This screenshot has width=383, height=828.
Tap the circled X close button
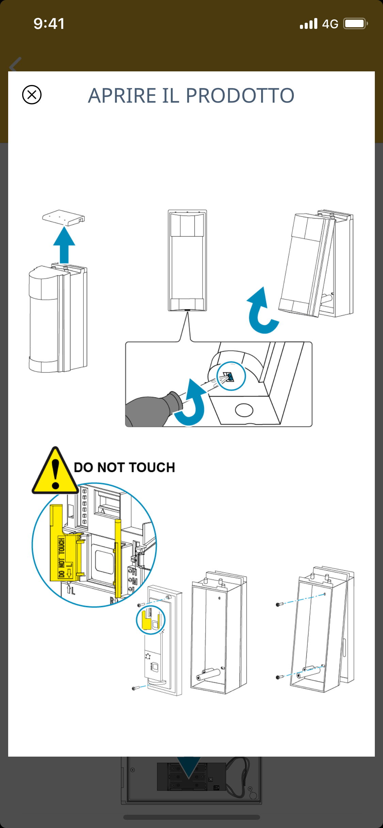[32, 94]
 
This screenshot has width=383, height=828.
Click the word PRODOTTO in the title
[240, 96]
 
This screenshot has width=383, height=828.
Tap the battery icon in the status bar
[355, 24]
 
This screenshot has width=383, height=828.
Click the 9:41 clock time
[49, 24]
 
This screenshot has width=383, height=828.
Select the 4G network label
[330, 24]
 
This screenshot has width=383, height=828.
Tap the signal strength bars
[308, 24]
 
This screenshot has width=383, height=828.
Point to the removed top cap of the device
[64, 218]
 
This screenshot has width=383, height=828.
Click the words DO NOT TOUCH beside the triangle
[125, 467]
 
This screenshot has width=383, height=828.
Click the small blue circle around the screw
[231, 376]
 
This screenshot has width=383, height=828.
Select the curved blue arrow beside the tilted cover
[261, 311]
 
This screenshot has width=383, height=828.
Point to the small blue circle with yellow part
[150, 620]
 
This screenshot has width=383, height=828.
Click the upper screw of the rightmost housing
[279, 604]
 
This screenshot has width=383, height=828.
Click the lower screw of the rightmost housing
[279, 677]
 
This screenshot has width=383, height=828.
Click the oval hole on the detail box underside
[244, 410]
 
